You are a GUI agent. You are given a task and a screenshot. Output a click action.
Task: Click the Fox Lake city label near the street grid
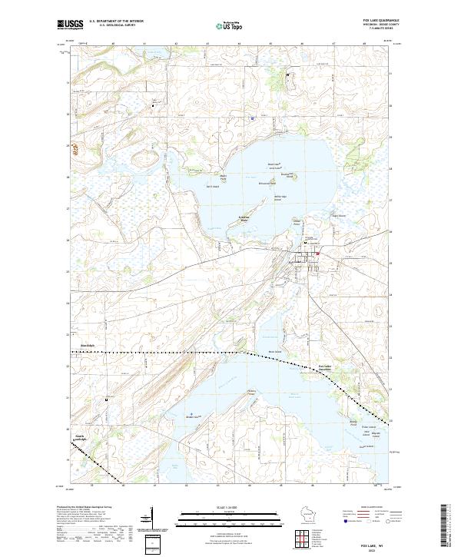point(296,262)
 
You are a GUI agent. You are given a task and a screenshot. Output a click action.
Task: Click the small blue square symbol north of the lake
point(252,118)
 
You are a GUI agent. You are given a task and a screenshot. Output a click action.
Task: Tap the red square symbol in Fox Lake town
point(317,254)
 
